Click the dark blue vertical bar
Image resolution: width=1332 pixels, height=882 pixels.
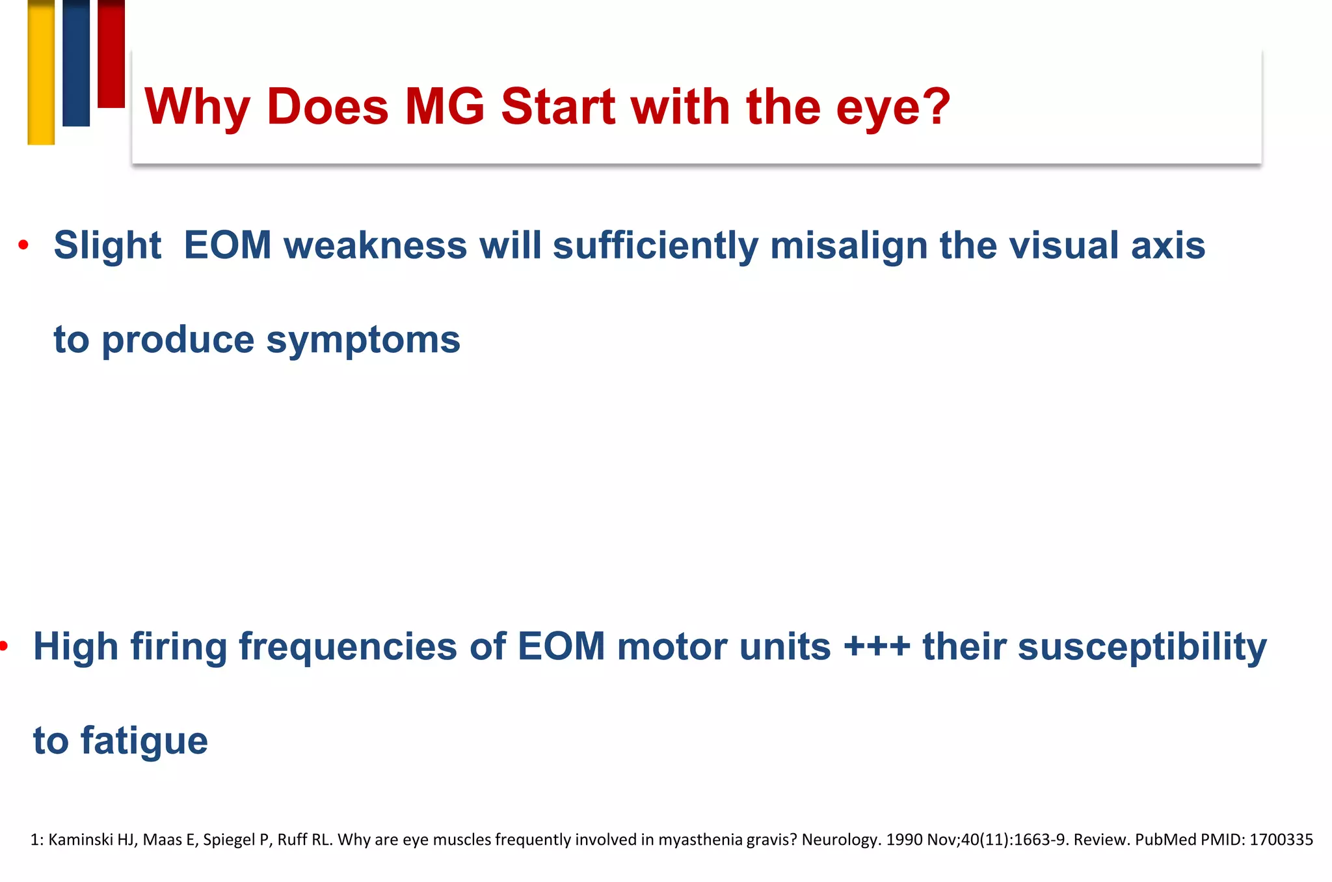point(76,63)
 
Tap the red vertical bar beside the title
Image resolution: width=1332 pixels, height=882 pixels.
point(111,53)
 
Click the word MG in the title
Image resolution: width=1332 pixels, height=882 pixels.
point(444,106)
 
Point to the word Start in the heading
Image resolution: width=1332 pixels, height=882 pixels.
point(558,106)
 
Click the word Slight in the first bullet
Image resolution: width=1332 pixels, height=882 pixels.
point(107,245)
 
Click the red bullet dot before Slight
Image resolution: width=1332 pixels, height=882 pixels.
point(23,245)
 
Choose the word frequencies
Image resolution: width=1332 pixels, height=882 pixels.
point(347,647)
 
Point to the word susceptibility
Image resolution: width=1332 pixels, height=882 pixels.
point(1141,647)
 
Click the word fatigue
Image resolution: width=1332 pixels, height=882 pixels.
point(144,741)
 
